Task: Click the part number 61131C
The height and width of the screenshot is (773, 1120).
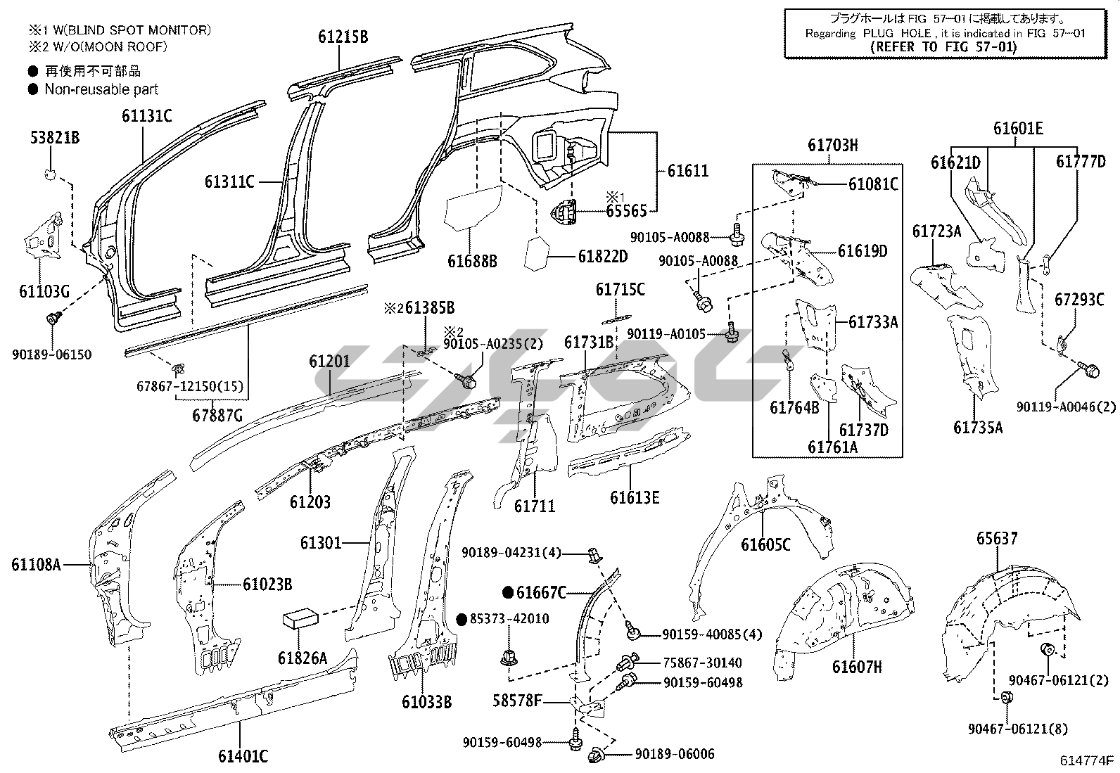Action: coord(146,116)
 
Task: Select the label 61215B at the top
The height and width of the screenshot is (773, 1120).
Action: coord(342,37)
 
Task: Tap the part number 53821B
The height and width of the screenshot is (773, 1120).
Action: coord(54,137)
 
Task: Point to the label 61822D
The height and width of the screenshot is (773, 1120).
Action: coord(602,257)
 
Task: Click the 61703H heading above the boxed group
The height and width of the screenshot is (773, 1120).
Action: coord(832,146)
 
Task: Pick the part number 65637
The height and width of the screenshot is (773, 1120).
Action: coord(996,539)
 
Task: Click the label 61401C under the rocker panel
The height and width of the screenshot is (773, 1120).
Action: coord(243,757)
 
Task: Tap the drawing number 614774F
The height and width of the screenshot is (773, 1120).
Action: coord(1088,760)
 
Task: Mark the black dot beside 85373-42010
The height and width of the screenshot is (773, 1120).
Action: coord(462,619)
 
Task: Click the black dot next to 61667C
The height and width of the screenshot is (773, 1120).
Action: coord(508,593)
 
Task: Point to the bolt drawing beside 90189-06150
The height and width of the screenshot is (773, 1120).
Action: coord(51,320)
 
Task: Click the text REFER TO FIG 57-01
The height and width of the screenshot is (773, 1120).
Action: coord(943,47)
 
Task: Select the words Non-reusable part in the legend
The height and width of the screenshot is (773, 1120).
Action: coord(101,89)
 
